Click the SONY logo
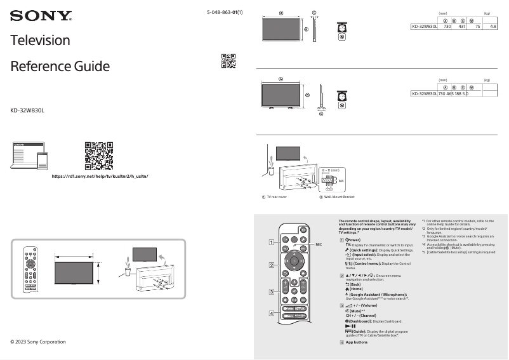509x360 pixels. pyautogui.click(x=41, y=15)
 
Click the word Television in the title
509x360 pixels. pyautogui.click(x=40, y=40)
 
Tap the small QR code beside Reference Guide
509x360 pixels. pyautogui.click(x=228, y=61)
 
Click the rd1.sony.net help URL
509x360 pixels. pyautogui.click(x=100, y=175)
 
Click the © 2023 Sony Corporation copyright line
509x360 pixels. pyautogui.click(x=38, y=342)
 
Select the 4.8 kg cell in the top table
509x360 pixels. pyautogui.click(x=492, y=27)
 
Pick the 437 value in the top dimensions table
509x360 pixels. pyautogui.click(x=462, y=27)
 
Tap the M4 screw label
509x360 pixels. pyautogui.click(x=341, y=182)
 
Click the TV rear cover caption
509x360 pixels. pyautogui.click(x=277, y=197)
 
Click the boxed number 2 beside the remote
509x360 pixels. pyautogui.click(x=271, y=265)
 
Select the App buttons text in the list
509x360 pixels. pyautogui.click(x=357, y=342)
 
